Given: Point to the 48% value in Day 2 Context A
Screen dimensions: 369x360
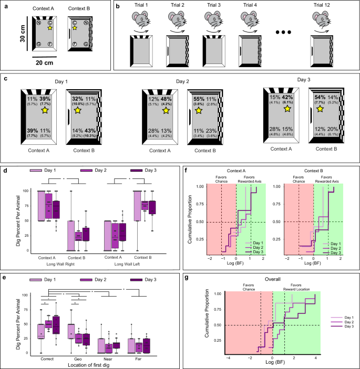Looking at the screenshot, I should [x=168, y=98].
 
